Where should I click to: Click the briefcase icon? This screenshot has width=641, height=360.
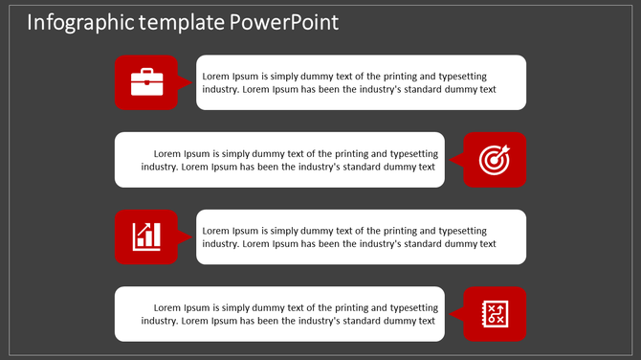[146, 82]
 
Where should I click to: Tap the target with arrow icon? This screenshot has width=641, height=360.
[495, 160]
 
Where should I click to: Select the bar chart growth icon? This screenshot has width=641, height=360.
[146, 236]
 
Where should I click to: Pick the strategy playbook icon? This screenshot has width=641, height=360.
[495, 314]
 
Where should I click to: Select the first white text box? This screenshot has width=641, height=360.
[361, 82]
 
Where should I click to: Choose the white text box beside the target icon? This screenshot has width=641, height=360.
[279, 160]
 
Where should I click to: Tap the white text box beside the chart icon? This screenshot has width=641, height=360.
[361, 236]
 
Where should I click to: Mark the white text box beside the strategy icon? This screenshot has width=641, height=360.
[279, 314]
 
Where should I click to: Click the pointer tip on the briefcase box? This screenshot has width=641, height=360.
[191, 82]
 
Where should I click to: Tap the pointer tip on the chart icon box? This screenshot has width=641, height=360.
[191, 236]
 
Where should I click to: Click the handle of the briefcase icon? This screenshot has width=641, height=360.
[146, 71]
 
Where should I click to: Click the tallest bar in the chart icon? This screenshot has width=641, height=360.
[156, 235]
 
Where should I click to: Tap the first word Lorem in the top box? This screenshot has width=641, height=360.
[216, 75]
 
